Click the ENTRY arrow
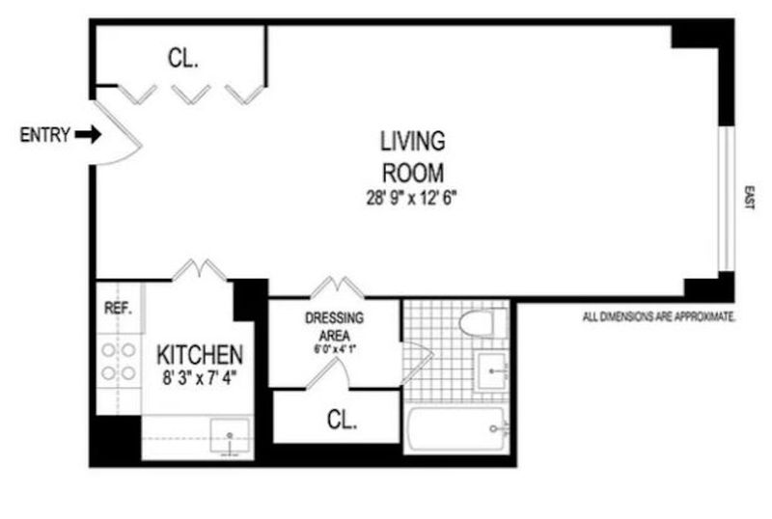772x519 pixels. [88, 134]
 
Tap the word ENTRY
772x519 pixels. [44, 135]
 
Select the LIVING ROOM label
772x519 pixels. [413, 156]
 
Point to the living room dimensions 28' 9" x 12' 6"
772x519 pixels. [412, 198]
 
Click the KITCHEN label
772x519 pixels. [200, 355]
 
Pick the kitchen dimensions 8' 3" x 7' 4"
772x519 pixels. [200, 379]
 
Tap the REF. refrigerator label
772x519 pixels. [118, 309]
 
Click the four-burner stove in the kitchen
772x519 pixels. [119, 362]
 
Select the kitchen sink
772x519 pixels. [230, 436]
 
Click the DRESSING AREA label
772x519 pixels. [334, 326]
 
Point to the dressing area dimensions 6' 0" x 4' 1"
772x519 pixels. [335, 349]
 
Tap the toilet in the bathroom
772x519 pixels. [483, 322]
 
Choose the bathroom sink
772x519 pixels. [491, 371]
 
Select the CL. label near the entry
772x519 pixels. [183, 58]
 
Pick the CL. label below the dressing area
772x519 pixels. [342, 420]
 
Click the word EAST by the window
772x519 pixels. [749, 198]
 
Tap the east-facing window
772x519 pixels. [727, 199]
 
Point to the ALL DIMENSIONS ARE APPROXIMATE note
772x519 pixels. [659, 316]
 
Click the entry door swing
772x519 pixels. [118, 133]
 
